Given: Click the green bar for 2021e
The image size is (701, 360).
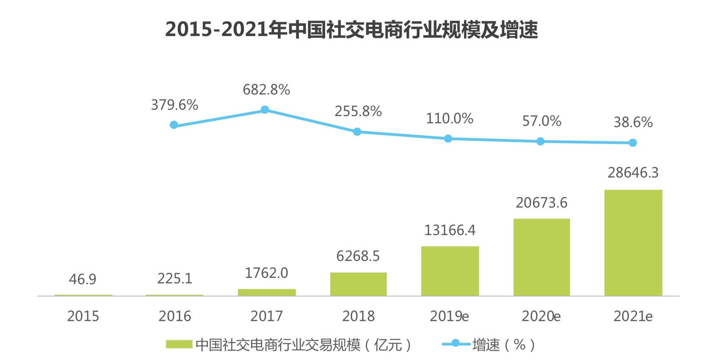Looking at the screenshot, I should tap(633, 242).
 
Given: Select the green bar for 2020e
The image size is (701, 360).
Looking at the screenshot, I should tap(541, 257).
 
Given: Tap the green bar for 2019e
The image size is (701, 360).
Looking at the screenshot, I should tap(450, 271).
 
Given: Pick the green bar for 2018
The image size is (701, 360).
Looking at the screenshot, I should tap(358, 284).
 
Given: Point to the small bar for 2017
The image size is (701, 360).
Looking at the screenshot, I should tap(267, 292).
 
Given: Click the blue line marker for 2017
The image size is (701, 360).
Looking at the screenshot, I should tap(265, 110).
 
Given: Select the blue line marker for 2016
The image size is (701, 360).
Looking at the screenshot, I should tap(174, 125).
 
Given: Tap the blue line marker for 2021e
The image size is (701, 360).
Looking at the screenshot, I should tap(632, 143).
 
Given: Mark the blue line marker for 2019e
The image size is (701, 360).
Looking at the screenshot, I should tap(448, 139).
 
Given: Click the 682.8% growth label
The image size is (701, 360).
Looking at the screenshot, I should tap(266, 90).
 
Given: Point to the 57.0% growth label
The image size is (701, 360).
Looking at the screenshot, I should tap(541, 121).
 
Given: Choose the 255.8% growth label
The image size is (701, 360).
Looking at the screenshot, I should tap(358, 111).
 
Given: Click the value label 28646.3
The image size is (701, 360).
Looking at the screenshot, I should tap(633, 173).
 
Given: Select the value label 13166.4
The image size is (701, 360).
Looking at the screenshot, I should tap(450, 230).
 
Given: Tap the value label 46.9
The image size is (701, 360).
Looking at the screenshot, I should tap(83, 280).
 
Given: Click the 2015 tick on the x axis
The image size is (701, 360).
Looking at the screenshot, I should tap(83, 316).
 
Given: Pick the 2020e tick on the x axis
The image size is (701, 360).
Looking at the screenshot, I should tap(541, 316).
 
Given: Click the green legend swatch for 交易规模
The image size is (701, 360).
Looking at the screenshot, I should tap(179, 344).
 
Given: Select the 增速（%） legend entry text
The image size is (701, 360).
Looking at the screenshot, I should tap(504, 345).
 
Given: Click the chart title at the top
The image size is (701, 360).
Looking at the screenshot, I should tap(351, 30).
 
